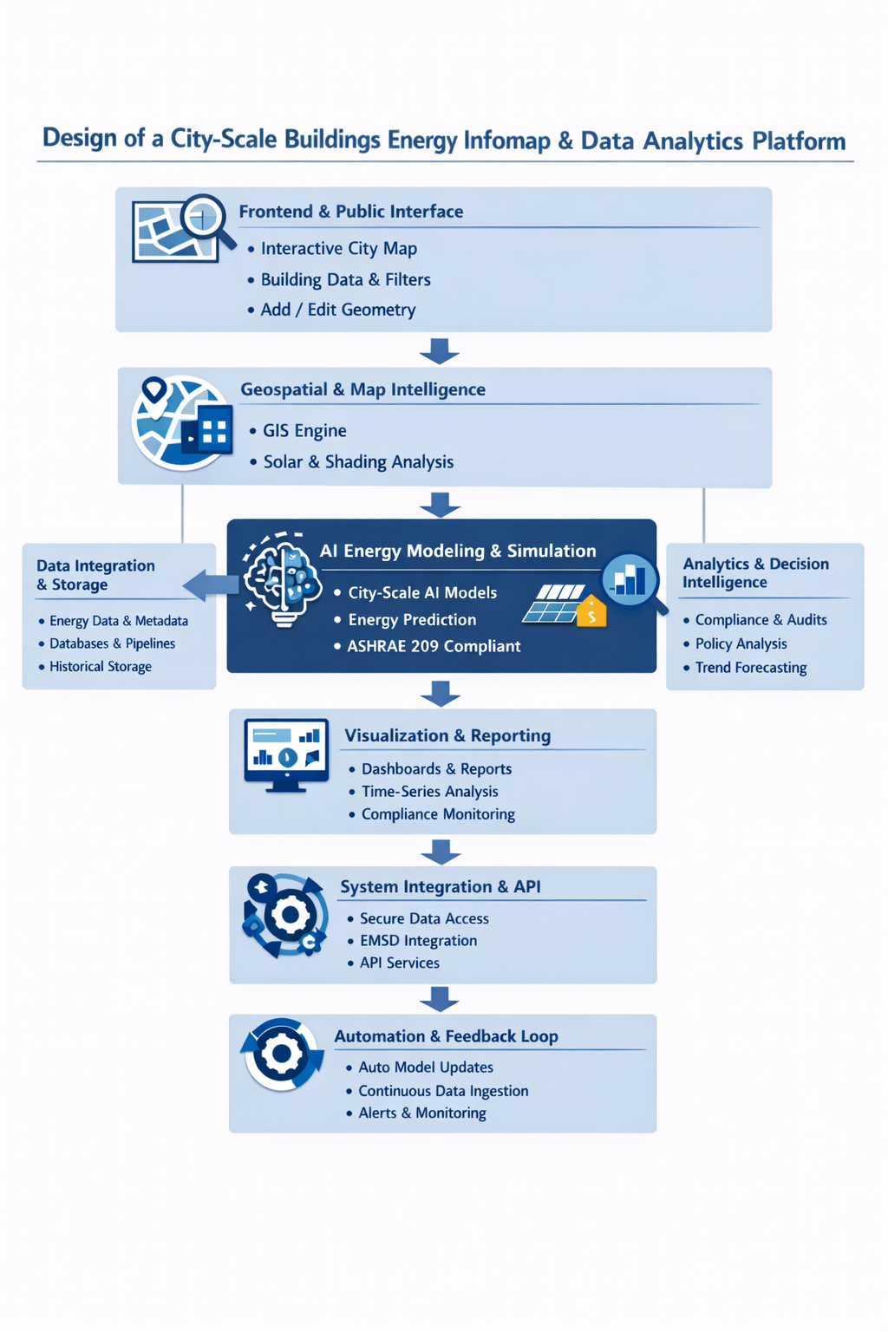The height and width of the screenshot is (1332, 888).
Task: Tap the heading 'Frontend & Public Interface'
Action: pyautogui.click(x=351, y=212)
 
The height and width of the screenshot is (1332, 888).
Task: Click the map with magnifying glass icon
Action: pyautogui.click(x=183, y=229)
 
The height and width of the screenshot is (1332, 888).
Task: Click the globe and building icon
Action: pyautogui.click(x=182, y=423)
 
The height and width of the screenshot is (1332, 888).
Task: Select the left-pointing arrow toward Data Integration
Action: pyautogui.click(x=211, y=585)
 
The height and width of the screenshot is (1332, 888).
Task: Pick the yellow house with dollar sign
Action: pyautogui.click(x=591, y=610)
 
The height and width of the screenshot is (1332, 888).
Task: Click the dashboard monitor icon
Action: pyautogui.click(x=286, y=755)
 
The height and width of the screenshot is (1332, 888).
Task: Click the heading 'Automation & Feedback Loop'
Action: pyautogui.click(x=446, y=1036)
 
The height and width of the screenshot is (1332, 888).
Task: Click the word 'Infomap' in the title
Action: pyautogui.click(x=506, y=141)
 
